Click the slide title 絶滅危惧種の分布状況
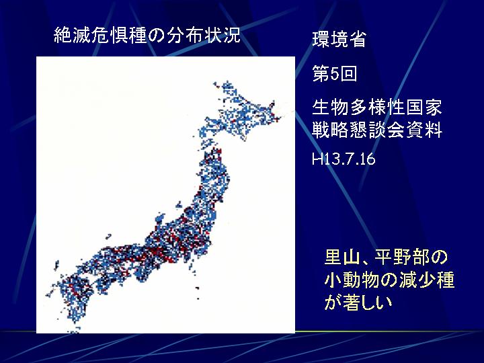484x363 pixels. pyautogui.click(x=147, y=35)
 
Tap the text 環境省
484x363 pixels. pyautogui.click(x=339, y=39)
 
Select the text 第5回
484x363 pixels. pyautogui.click(x=335, y=74)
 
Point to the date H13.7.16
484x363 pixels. pyautogui.click(x=344, y=159)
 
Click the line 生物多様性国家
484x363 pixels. pyautogui.click(x=377, y=107)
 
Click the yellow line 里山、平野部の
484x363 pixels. pyautogui.click(x=386, y=257)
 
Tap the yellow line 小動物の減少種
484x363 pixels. pyautogui.click(x=389, y=280)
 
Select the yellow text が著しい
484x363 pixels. pyautogui.click(x=358, y=302)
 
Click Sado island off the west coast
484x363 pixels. pyautogui.click(x=179, y=204)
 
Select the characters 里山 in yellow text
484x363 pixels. pyautogui.click(x=342, y=257)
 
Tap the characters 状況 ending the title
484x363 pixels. pyautogui.click(x=222, y=35)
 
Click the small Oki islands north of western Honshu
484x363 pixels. pyautogui.click(x=108, y=237)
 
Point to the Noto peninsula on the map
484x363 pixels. pyautogui.click(x=160, y=218)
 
